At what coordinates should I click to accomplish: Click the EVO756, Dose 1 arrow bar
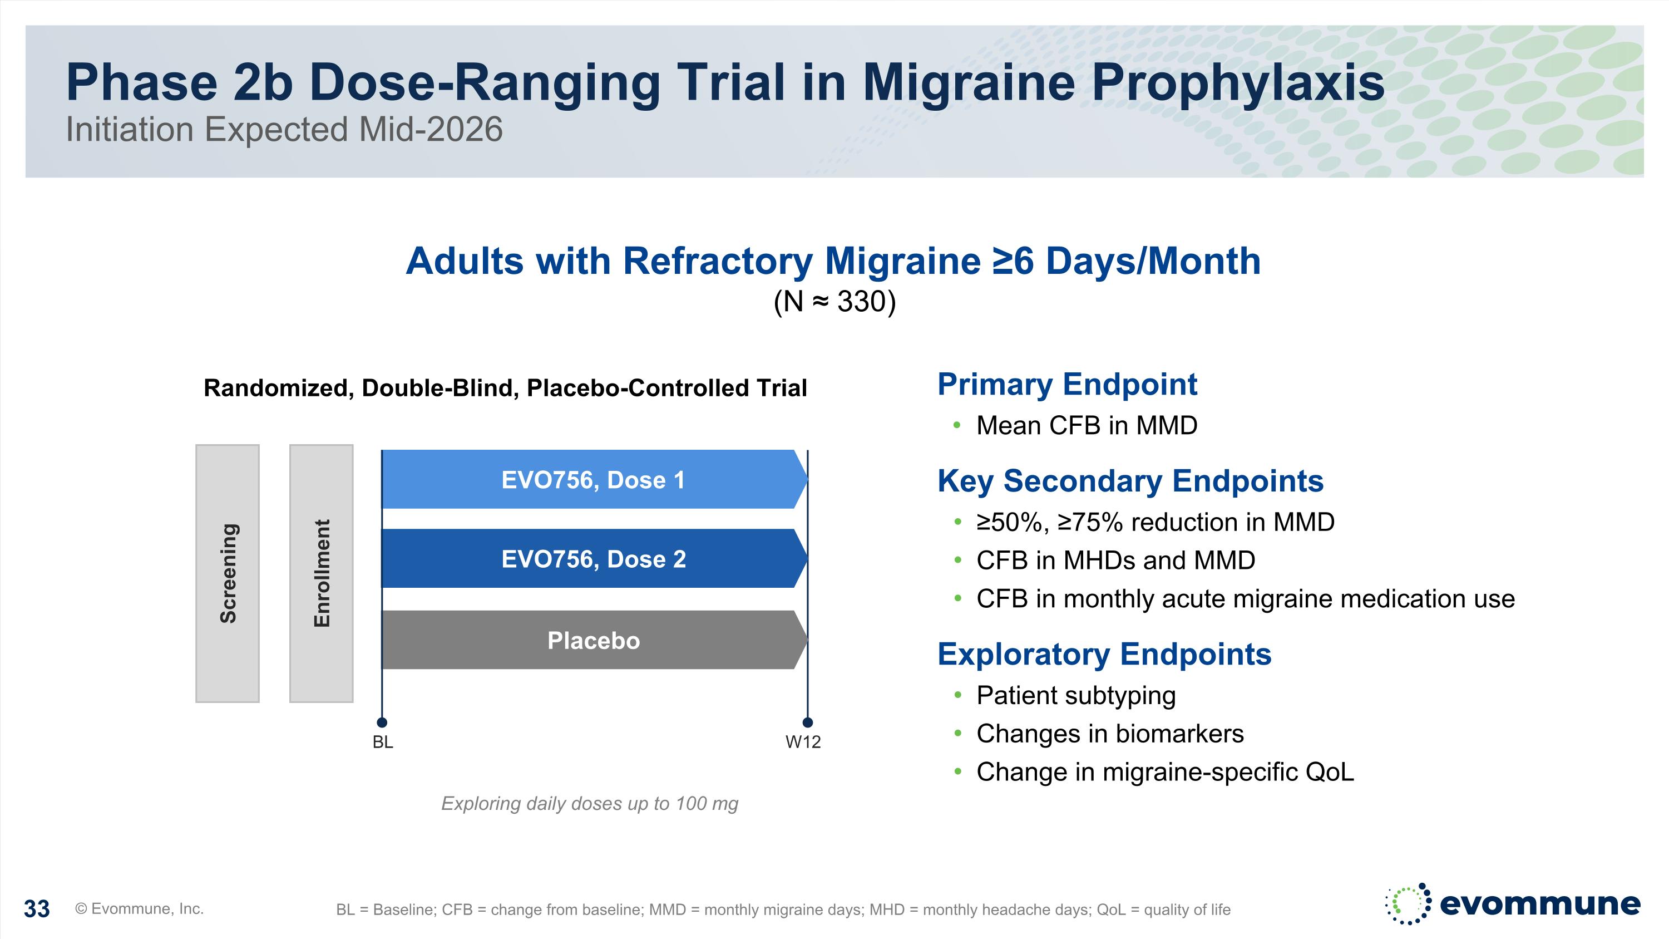(x=593, y=480)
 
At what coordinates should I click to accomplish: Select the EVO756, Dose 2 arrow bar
(x=593, y=559)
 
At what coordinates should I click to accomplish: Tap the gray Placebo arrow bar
(x=593, y=640)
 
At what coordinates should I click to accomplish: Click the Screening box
(x=228, y=573)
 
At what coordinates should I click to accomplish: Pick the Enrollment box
(x=322, y=573)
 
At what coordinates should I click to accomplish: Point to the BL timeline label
(x=383, y=743)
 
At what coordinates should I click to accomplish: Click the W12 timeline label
(x=803, y=743)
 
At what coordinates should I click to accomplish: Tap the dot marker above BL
(x=382, y=722)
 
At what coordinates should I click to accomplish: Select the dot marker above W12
(x=807, y=722)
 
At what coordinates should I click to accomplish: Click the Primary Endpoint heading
(x=1067, y=384)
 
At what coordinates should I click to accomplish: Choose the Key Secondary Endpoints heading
(x=1130, y=481)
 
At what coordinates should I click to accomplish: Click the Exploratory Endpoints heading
(x=1104, y=654)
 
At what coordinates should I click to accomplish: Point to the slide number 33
(x=37, y=909)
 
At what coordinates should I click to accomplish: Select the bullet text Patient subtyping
(x=1075, y=695)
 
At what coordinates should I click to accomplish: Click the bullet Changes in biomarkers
(x=1110, y=734)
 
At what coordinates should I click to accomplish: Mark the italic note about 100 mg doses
(x=590, y=804)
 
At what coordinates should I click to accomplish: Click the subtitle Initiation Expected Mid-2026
(x=284, y=130)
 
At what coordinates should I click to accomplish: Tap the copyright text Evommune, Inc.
(x=140, y=908)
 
